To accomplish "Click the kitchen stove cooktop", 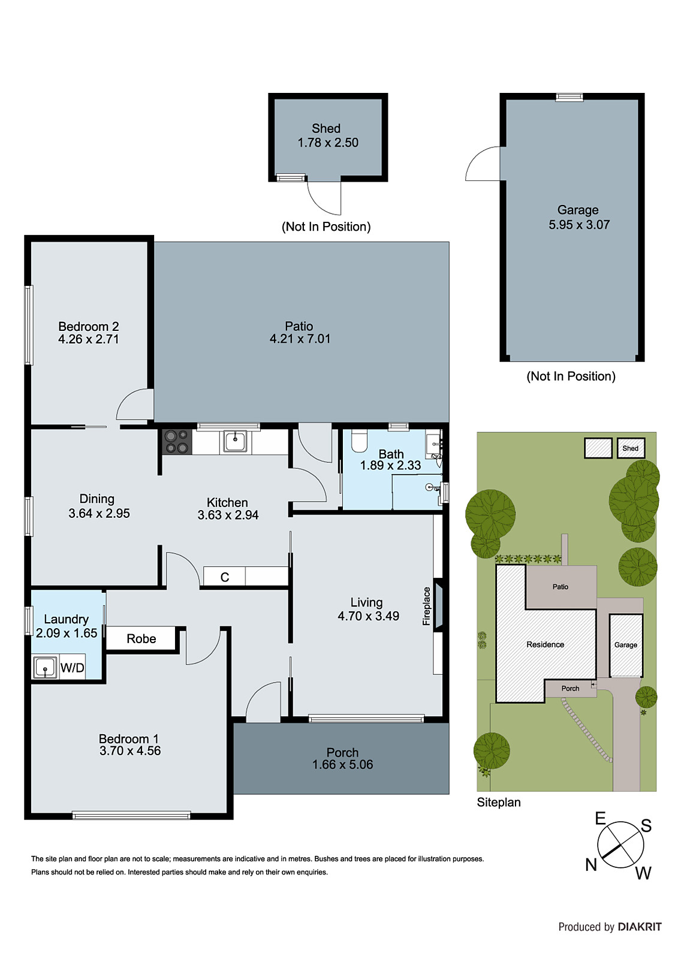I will (177, 442).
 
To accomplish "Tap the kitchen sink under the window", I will (235, 442).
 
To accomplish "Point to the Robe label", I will (141, 639).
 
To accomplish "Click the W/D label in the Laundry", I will (73, 668).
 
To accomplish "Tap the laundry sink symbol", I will (45, 668).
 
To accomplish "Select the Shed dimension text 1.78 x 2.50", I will (328, 143).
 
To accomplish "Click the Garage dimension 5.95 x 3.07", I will (579, 225).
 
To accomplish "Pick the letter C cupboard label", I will (225, 577).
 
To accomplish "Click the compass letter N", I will (591, 865).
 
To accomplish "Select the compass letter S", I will (646, 826).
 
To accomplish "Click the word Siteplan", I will (499, 803).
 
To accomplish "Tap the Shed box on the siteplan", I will (631, 448).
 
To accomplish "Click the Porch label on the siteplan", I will (570, 689).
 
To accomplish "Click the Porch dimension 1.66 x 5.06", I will (342, 765).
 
